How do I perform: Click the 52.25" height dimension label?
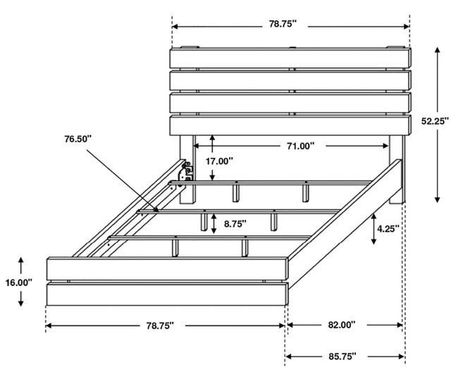pos(435,121)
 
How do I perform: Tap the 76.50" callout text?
pos(78,139)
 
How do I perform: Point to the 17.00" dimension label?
pos(219,161)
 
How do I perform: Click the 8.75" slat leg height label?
pos(235,224)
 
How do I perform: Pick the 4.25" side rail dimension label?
pos(388,229)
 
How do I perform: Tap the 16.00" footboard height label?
pos(19,282)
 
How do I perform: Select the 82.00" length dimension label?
pos(342,325)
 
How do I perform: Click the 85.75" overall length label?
pos(342,356)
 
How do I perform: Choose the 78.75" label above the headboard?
pos(283,24)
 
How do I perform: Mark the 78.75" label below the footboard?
pos(160,326)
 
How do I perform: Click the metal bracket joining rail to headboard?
pos(185,173)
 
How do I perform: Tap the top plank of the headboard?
pos(290,58)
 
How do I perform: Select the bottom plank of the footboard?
pos(168,294)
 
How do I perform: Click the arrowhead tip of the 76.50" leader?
pos(159,212)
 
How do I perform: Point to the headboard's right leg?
pos(397,170)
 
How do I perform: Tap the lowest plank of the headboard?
pos(290,125)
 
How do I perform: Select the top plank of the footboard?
pos(168,269)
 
